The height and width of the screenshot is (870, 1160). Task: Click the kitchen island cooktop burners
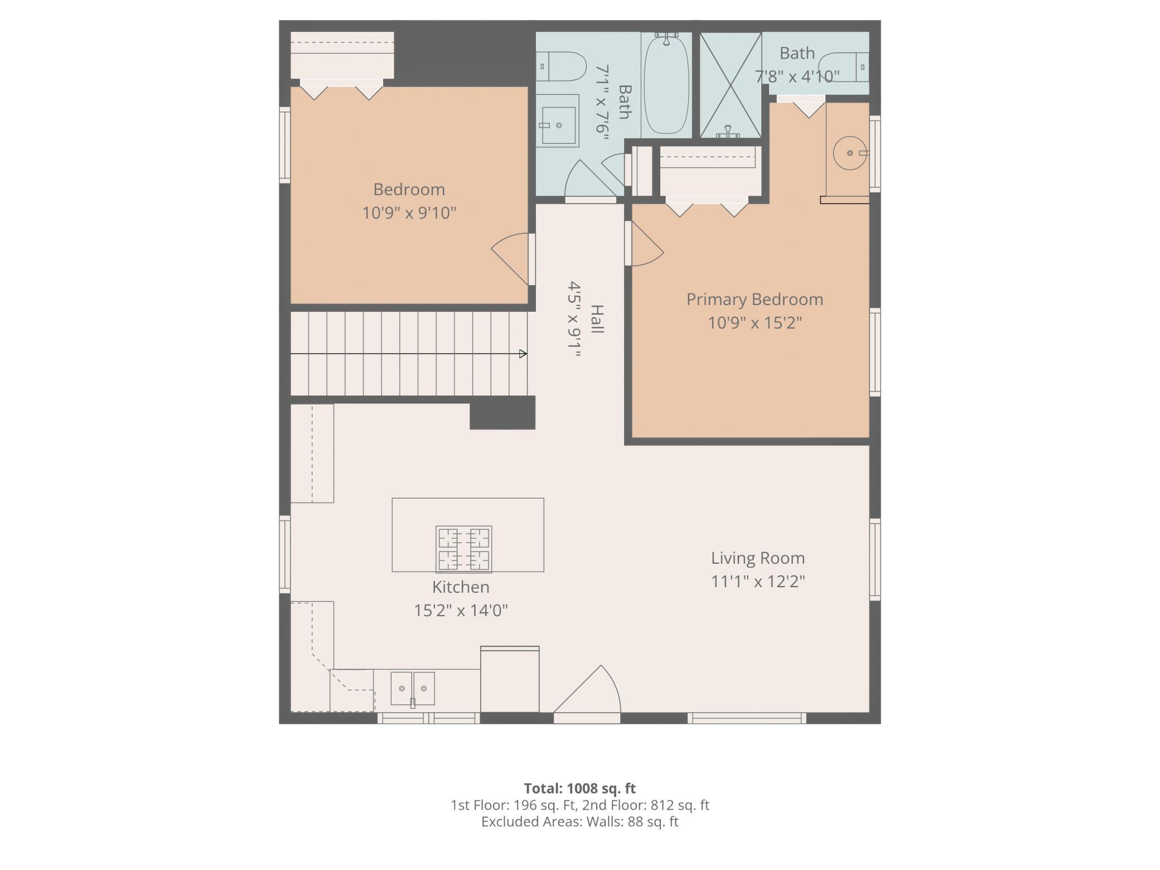coord(463,549)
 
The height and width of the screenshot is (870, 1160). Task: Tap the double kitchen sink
coord(413,689)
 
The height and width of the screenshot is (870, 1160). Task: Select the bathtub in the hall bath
coord(666,85)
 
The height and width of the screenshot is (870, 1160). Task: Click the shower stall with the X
coord(731,85)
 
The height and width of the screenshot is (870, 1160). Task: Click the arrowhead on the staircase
coord(523,354)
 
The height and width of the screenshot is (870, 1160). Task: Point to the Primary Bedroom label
coord(755,299)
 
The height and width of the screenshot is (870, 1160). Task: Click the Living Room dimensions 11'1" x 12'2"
coord(758,582)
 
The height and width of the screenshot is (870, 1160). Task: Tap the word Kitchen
coord(461,587)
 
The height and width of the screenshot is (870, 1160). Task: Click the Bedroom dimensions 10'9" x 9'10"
coord(409,213)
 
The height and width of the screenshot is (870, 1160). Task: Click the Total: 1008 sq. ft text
coord(580,789)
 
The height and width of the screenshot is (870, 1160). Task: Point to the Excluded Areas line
coord(580,821)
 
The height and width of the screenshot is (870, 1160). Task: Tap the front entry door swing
coord(587,692)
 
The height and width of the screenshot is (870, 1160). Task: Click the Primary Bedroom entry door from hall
coord(644,244)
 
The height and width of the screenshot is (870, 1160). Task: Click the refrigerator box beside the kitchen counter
coord(510,679)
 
